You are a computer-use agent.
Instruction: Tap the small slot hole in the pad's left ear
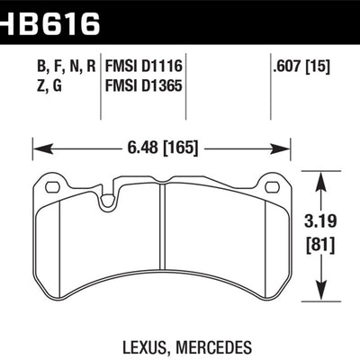(52, 187)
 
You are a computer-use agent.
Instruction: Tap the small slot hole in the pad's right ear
(271, 187)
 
